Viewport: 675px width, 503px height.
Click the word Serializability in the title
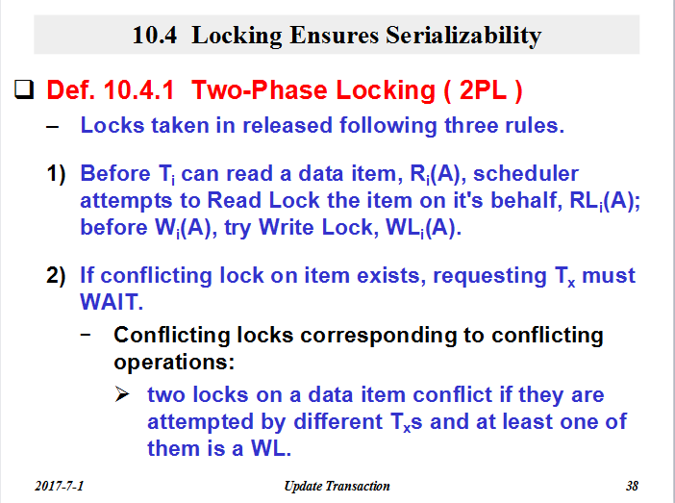click(x=463, y=36)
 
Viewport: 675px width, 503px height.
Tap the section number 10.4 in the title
click(x=155, y=36)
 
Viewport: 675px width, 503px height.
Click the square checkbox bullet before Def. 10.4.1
click(x=24, y=89)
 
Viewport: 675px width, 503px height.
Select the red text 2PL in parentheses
click(x=483, y=90)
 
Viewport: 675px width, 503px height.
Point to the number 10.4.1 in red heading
click(x=139, y=90)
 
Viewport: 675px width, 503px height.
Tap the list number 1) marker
click(x=56, y=174)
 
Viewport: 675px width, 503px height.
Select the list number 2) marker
click(x=56, y=276)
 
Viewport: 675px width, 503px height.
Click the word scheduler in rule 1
click(x=526, y=173)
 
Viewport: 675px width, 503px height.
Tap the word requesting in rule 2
click(x=489, y=276)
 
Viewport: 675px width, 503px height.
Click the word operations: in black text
click(x=174, y=363)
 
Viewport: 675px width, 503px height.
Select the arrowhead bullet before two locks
click(x=122, y=394)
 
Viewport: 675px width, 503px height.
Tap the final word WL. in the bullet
click(x=271, y=448)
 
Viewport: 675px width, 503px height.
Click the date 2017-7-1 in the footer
click(x=59, y=486)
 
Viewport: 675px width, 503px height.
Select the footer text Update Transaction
click(x=337, y=487)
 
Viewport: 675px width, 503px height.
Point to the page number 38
click(x=632, y=486)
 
